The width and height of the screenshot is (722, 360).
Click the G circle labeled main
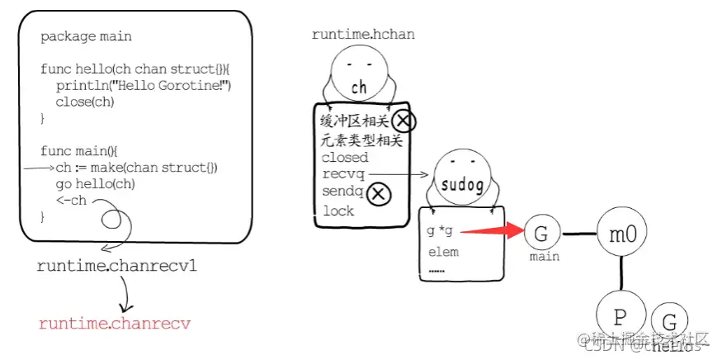541,233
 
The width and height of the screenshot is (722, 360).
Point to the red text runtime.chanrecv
114,323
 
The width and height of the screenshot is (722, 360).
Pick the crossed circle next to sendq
378,193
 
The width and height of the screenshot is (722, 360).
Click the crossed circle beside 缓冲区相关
403,121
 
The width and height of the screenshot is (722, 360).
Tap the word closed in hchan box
345,157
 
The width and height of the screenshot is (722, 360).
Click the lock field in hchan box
337,211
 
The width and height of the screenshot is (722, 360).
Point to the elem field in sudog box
443,252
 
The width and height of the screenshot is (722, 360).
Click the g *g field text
440,230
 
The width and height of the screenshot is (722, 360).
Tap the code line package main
86,37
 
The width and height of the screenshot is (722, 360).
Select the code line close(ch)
84,102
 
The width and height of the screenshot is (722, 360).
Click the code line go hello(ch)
95,184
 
